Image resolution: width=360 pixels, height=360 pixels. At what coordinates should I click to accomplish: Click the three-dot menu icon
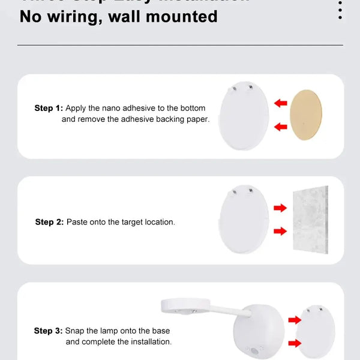click(x=340, y=10)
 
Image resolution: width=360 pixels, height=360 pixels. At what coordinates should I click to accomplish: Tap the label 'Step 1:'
click(x=49, y=108)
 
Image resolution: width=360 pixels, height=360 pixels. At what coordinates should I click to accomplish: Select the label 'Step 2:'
click(x=49, y=222)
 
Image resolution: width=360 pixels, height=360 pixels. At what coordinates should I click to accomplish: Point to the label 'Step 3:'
click(x=49, y=331)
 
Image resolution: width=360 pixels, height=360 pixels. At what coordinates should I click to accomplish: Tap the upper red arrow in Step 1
click(x=280, y=103)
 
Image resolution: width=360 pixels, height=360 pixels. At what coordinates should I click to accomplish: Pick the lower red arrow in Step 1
click(x=280, y=127)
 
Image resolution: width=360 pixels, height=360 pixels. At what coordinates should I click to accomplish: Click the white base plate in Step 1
click(x=244, y=117)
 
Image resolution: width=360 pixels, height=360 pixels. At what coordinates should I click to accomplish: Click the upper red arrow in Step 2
click(x=280, y=208)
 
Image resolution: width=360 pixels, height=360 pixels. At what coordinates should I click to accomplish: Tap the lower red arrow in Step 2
click(x=280, y=231)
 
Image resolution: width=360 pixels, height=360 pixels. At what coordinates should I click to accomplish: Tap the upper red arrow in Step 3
click(x=295, y=320)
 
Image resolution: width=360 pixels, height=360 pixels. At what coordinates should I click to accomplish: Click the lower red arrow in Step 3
click(x=295, y=343)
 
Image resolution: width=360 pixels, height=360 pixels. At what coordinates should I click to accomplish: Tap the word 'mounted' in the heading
click(x=184, y=16)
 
